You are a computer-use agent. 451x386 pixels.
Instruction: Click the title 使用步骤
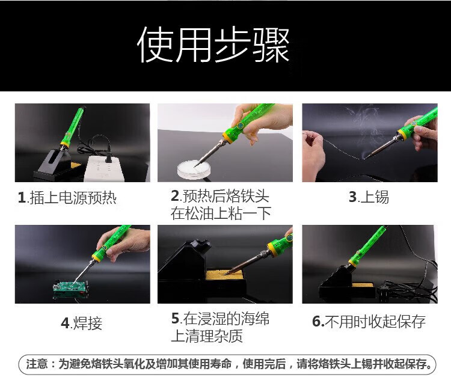tap(213, 44)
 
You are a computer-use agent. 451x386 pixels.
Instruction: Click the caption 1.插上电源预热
tap(67, 198)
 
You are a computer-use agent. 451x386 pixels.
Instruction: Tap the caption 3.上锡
tap(369, 197)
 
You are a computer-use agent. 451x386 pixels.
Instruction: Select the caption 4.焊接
tap(82, 323)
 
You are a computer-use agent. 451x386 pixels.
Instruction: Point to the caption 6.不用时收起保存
tap(369, 321)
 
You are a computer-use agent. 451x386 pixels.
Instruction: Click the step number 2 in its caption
tap(175, 196)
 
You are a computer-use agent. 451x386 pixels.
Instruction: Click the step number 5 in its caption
tap(176, 319)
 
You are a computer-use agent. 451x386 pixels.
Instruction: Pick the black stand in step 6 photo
tap(346, 283)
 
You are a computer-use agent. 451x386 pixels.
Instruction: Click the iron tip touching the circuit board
tap(76, 282)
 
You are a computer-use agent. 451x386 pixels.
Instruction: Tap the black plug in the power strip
tap(109, 156)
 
